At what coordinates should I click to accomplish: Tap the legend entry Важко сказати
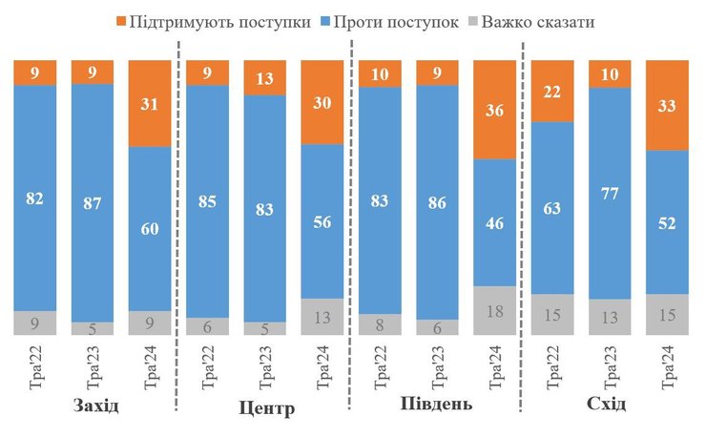[x=555, y=20]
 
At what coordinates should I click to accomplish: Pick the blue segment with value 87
[x=93, y=202]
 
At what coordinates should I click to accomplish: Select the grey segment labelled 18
[x=494, y=310]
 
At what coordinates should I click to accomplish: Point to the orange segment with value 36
[x=494, y=110]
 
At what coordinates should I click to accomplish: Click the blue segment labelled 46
[x=494, y=221]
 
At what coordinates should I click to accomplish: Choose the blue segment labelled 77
[x=611, y=193]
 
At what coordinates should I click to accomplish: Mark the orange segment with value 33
[x=668, y=105]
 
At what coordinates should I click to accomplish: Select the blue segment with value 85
[x=207, y=201]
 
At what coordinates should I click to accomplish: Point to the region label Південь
[x=436, y=404]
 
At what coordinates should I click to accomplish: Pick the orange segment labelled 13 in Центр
[x=264, y=78]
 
